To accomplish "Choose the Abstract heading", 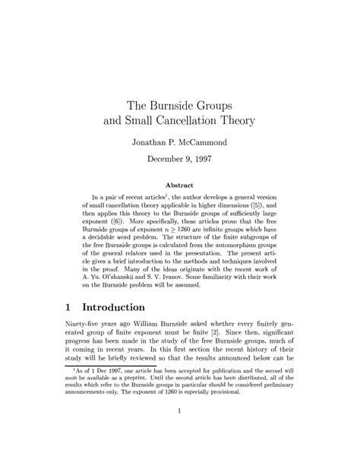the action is tap(180, 185).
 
